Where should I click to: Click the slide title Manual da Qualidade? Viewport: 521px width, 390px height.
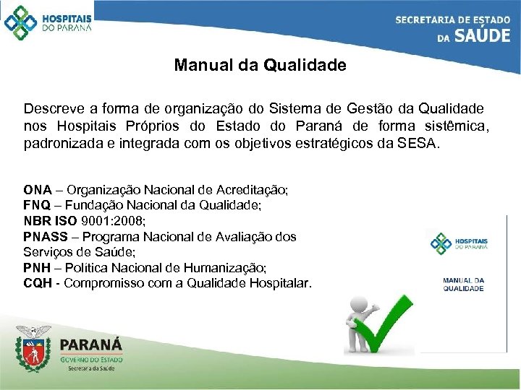tap(260, 66)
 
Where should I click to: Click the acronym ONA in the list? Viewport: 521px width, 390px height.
tap(37, 190)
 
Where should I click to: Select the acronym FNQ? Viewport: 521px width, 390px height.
tap(37, 205)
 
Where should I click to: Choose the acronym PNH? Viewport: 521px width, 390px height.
tap(37, 267)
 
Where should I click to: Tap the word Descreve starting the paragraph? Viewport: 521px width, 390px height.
tap(51, 108)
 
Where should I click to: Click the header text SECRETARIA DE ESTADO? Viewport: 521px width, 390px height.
tap(452, 19)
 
